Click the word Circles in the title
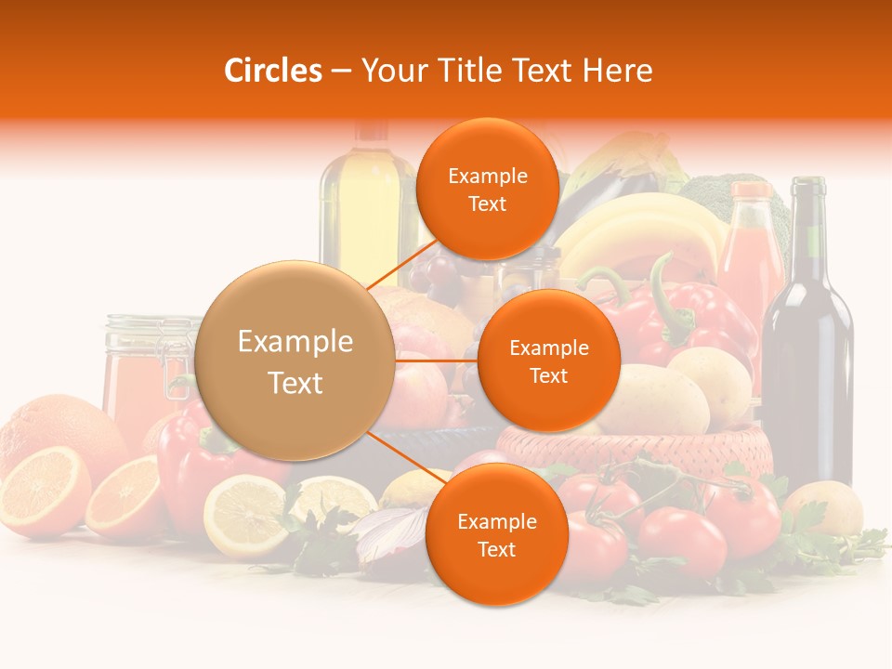coord(272,71)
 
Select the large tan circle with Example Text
coord(295,361)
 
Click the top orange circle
coord(487,189)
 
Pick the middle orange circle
coord(548,361)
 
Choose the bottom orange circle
coord(496,534)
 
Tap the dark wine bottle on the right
coord(807,353)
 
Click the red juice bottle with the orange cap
coord(751,251)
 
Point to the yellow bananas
coord(641,232)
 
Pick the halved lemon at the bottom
coord(245,516)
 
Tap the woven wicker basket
coord(641,455)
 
